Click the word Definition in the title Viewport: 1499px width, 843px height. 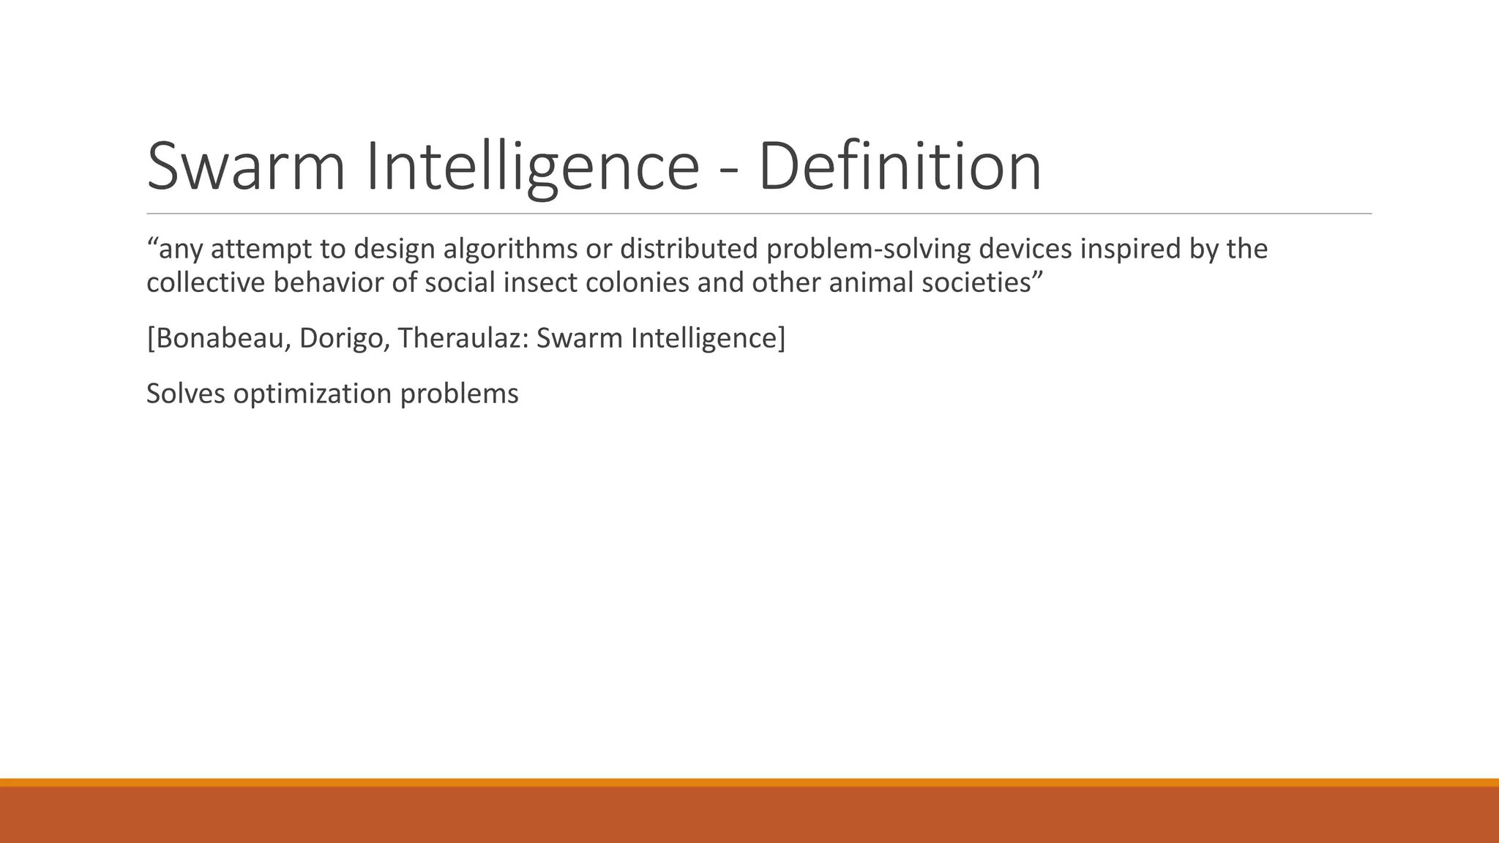[x=900, y=167]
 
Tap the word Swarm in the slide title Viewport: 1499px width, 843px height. [x=246, y=167]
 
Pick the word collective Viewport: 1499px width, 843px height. [x=206, y=282]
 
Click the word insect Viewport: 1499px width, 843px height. [x=542, y=282]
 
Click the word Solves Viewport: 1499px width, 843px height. [x=186, y=394]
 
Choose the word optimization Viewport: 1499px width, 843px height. [x=313, y=394]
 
